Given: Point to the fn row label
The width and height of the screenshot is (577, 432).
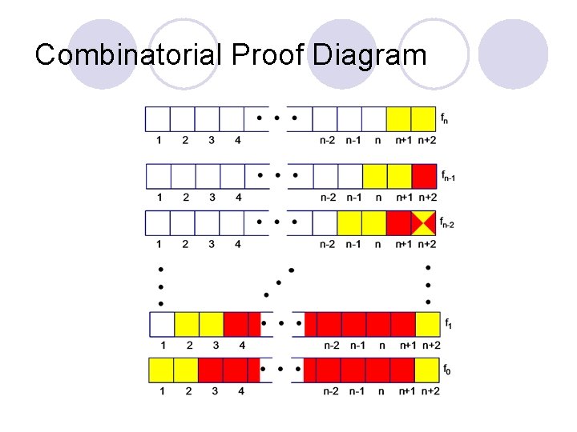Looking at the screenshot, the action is point(444,119).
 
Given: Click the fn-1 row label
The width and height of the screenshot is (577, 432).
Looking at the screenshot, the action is point(447,175).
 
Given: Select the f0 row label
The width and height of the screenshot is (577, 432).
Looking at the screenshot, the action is point(446,370).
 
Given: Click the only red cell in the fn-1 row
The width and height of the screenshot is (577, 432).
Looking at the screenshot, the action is point(424,175).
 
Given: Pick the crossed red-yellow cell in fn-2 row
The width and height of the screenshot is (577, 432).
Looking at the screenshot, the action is point(424,222).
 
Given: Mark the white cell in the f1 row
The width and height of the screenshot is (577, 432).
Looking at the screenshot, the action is point(163,324).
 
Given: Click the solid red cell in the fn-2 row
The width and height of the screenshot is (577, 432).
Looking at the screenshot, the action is point(399,222).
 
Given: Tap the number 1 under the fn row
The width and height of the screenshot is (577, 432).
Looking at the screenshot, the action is point(159,141).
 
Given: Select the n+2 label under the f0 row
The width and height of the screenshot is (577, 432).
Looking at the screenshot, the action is point(430,391).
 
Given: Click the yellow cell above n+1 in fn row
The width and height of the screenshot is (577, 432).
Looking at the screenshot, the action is point(399,119).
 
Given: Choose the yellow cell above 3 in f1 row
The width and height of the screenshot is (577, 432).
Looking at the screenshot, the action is point(212,324).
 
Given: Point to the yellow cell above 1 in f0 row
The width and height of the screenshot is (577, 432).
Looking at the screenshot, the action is point(162,370).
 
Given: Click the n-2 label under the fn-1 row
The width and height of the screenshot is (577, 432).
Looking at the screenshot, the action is point(328,197).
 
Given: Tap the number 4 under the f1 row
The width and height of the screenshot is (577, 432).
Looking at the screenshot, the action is point(241,346).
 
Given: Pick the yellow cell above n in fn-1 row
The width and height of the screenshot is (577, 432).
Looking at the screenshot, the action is point(375,175).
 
